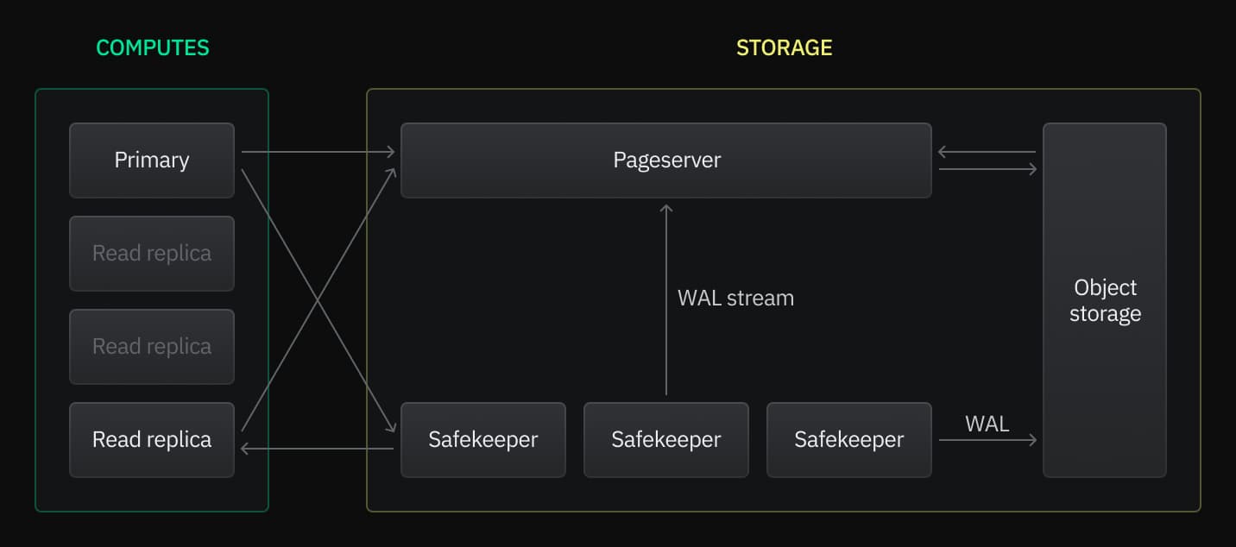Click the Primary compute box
tap(152, 160)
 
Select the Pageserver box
tap(665, 160)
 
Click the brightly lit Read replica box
tap(152, 439)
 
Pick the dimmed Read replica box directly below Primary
tap(152, 254)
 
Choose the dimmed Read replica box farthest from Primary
tap(152, 347)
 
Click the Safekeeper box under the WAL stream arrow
tap(665, 439)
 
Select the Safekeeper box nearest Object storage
tap(848, 439)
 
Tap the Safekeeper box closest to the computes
tap(482, 439)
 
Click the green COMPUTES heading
tap(152, 47)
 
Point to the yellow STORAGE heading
tap(784, 47)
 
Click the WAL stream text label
tap(735, 299)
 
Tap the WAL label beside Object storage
tap(987, 424)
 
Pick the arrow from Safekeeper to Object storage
tap(987, 440)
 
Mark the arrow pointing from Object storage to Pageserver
tap(987, 152)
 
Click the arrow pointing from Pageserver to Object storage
tap(987, 169)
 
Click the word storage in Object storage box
tap(1105, 313)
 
